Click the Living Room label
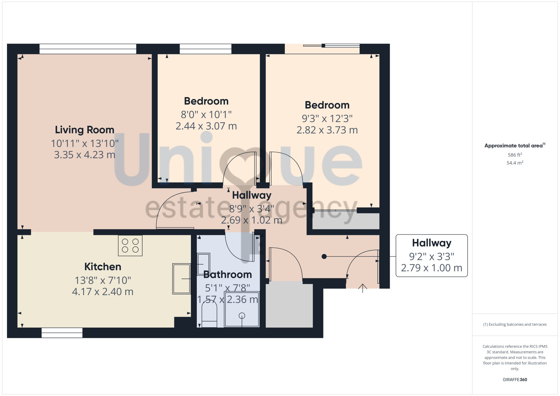pyautogui.click(x=85, y=130)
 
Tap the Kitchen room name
pyautogui.click(x=103, y=267)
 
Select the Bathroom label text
pyautogui.click(x=228, y=274)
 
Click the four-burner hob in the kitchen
pyautogui.click(x=130, y=246)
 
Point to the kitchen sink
pyautogui.click(x=181, y=279)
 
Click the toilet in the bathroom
pyautogui.click(x=209, y=316)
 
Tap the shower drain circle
pyautogui.click(x=242, y=316)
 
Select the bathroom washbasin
pyautogui.click(x=204, y=264)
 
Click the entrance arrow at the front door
pyautogui.click(x=363, y=288)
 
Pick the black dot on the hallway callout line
pyautogui.click(x=324, y=257)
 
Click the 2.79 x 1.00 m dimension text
pyautogui.click(x=431, y=268)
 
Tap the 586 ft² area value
pyautogui.click(x=515, y=155)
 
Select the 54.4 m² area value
pyautogui.click(x=515, y=163)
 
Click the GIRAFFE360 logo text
pyautogui.click(x=515, y=380)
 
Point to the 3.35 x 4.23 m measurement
pyautogui.click(x=85, y=155)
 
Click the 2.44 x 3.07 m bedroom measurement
pyautogui.click(x=206, y=126)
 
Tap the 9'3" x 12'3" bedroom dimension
pyautogui.click(x=327, y=118)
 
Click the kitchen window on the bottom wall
pyautogui.click(x=62, y=333)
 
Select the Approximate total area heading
pyautogui.click(x=515, y=145)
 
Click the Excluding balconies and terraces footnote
pyautogui.click(x=515, y=324)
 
